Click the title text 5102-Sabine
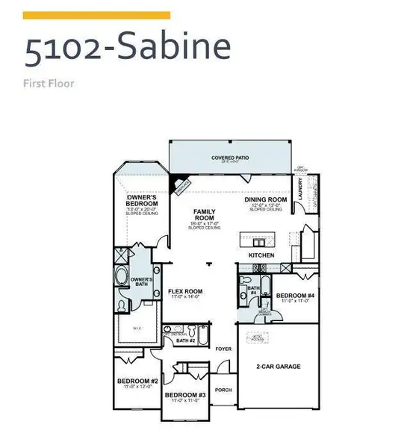[x=126, y=49]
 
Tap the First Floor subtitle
[x=50, y=83]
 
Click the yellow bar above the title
[x=97, y=15]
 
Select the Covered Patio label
[x=229, y=158]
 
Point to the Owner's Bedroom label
[x=142, y=200]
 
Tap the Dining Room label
[x=267, y=200]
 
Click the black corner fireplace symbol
[x=179, y=184]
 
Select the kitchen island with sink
[x=258, y=241]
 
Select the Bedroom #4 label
[x=293, y=296]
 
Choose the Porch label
[x=223, y=390]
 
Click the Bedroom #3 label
[x=185, y=394]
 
